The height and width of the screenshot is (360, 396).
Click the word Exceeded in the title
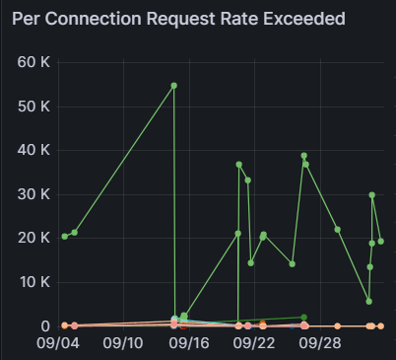tap(304, 19)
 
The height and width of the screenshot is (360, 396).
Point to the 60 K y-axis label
tap(33, 62)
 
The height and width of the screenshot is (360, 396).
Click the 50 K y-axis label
tap(33, 107)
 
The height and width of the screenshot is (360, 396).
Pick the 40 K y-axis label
tap(33, 150)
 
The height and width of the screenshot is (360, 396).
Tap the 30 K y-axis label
tap(33, 194)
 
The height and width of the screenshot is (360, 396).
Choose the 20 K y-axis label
tap(33, 238)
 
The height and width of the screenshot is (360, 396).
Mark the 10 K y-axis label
tap(34, 282)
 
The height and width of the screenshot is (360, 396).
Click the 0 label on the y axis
tap(45, 326)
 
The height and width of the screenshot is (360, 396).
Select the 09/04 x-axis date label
tap(58, 343)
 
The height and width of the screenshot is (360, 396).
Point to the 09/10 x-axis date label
tap(123, 343)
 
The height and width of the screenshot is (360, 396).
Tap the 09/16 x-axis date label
tap(189, 343)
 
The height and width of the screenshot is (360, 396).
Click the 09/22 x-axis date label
tap(254, 343)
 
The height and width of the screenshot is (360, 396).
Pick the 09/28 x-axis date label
tap(320, 343)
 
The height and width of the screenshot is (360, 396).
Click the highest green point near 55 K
tap(174, 86)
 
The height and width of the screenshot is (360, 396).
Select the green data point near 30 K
tap(371, 195)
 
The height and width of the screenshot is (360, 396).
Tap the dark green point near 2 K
tap(304, 318)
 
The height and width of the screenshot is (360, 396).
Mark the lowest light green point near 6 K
tap(368, 301)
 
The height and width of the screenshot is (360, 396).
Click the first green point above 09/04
tap(65, 237)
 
